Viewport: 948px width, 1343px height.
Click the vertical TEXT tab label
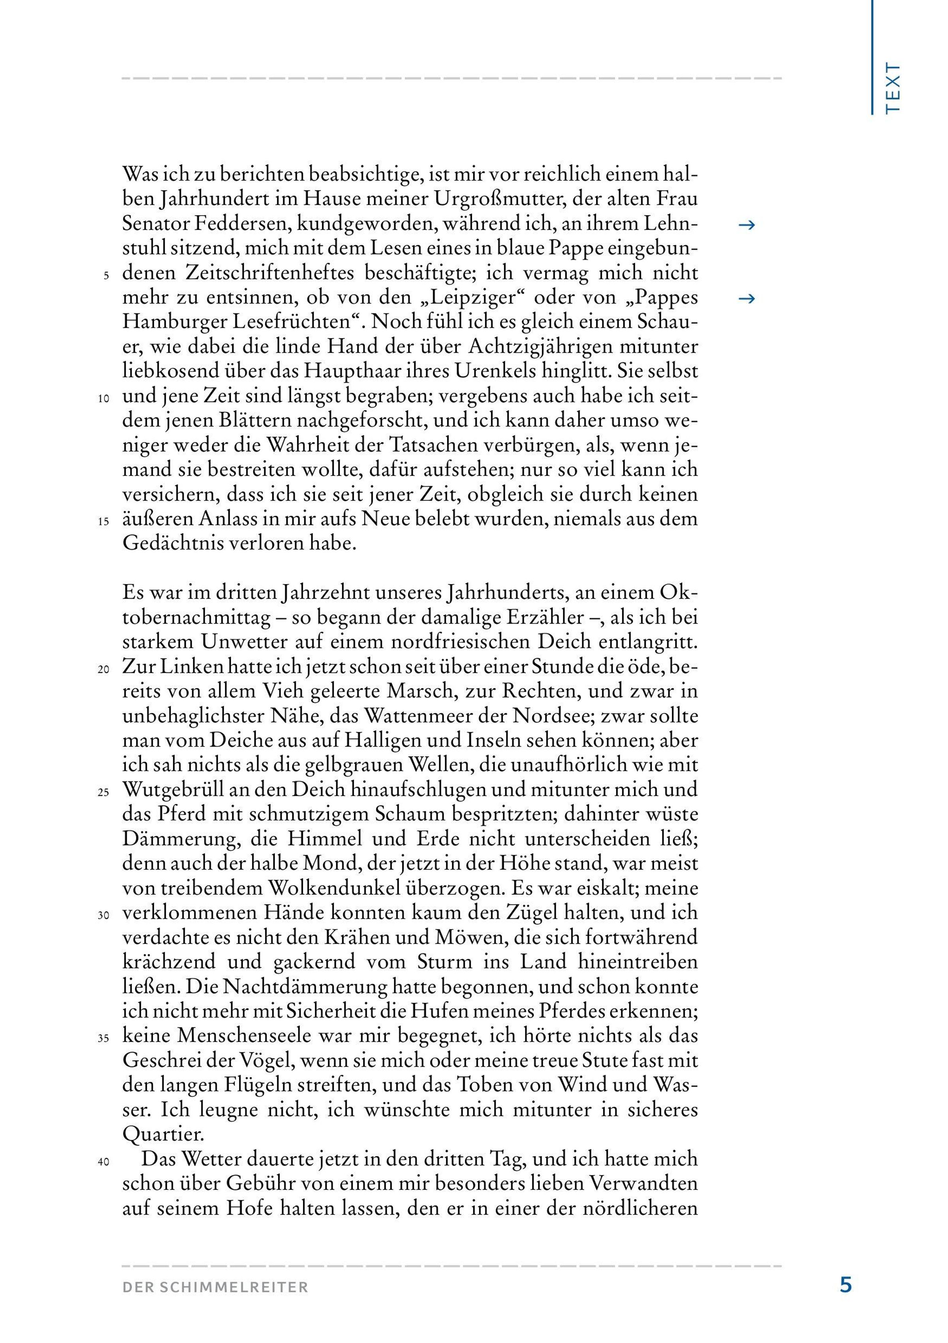point(892,88)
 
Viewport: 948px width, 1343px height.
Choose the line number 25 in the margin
point(104,793)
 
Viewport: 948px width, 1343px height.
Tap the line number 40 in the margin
point(104,1162)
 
